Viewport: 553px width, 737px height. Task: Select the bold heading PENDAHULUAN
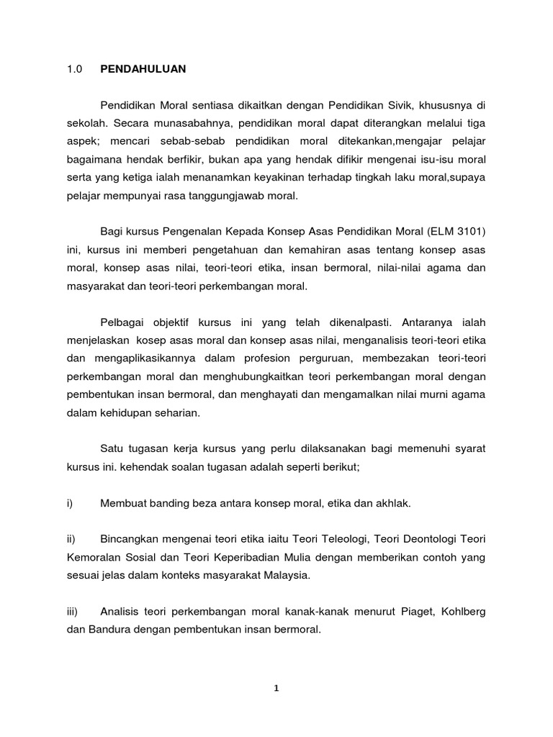[143, 69]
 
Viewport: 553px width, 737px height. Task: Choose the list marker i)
[70, 503]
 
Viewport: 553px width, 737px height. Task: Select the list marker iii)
[73, 611]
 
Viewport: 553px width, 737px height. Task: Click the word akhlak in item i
[392, 503]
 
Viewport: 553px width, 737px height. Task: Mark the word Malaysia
[285, 576]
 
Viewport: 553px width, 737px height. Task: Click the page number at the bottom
[276, 688]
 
